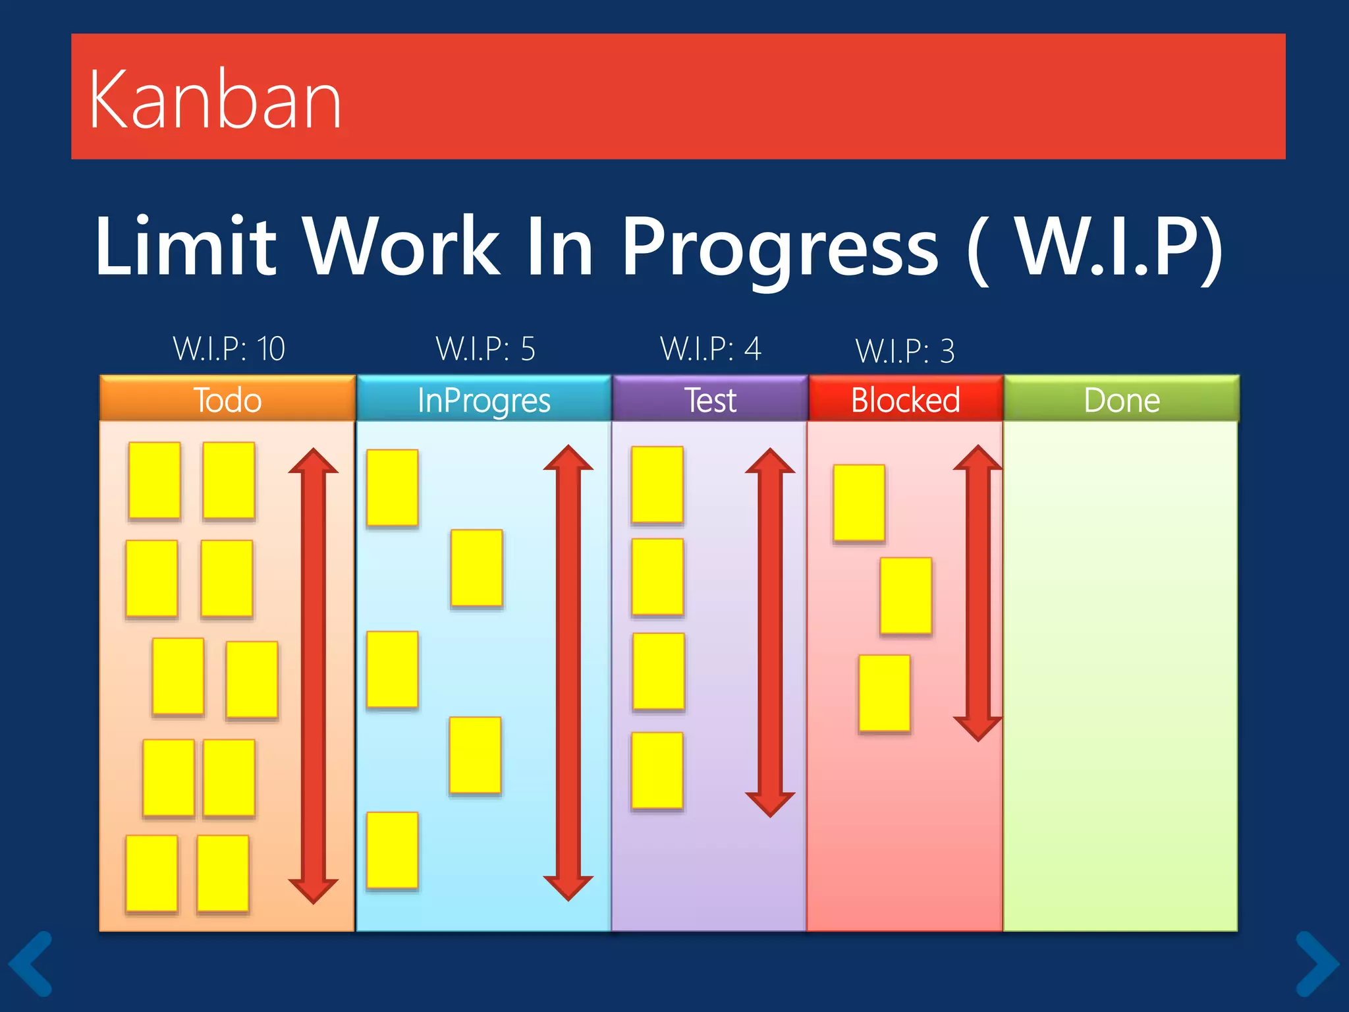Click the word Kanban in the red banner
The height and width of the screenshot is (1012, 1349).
tap(215, 100)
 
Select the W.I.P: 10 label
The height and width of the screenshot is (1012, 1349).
tap(229, 349)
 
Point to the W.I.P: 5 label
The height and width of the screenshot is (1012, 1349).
tap(485, 349)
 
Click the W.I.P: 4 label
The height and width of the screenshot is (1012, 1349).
tap(710, 349)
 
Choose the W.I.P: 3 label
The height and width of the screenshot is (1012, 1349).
tap(904, 351)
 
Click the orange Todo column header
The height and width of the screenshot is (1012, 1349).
tap(227, 399)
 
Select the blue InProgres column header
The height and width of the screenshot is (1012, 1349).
tap(484, 399)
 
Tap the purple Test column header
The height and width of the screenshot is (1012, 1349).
tap(710, 399)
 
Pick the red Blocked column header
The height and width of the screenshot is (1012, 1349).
tap(906, 399)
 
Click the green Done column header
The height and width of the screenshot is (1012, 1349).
tap(1121, 399)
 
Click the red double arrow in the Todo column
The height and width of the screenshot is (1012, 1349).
tap(314, 675)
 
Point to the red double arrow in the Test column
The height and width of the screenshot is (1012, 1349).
tap(770, 632)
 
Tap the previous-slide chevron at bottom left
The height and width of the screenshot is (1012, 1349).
tap(31, 963)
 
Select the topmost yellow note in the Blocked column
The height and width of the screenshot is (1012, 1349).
tap(859, 503)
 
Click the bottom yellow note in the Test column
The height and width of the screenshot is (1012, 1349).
tap(657, 770)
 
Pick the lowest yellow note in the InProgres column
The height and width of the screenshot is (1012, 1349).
tap(393, 850)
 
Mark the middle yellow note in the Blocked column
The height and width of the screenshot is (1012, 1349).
tap(906, 596)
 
